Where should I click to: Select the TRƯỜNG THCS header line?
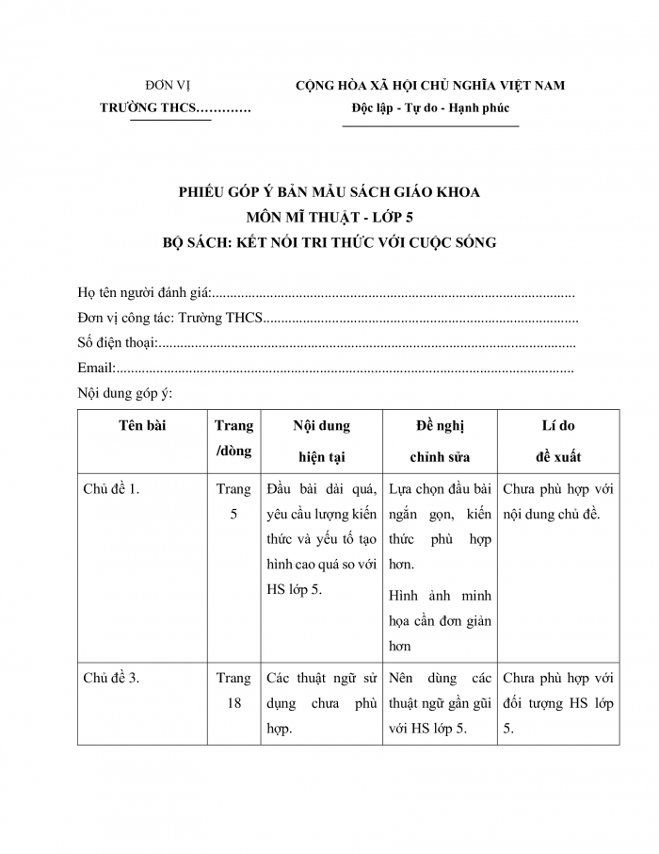(175, 108)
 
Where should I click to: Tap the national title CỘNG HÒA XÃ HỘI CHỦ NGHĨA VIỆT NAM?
(430, 86)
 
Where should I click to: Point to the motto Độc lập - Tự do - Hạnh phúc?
(430, 108)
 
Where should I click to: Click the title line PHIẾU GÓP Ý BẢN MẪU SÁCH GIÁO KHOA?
(329, 192)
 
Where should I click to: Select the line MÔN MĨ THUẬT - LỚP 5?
(329, 217)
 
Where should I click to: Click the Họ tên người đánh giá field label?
(145, 293)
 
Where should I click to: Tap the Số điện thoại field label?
(117, 343)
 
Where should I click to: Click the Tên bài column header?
(142, 426)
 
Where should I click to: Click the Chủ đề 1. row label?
(111, 489)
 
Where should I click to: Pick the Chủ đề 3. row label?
(111, 678)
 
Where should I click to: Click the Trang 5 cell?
(233, 501)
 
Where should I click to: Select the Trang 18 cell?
(233, 690)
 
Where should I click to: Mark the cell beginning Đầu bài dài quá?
(322, 539)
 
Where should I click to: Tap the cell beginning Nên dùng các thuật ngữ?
(440, 703)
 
